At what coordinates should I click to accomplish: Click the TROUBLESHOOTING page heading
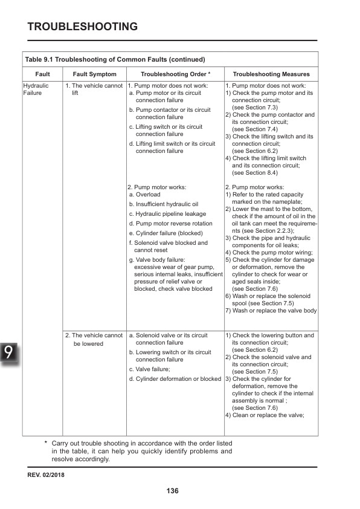[x=83, y=27]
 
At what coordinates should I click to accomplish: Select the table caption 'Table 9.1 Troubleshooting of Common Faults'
[x=115, y=59]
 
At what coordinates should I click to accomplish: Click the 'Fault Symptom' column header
[x=94, y=74]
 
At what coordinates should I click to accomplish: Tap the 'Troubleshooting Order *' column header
[x=175, y=74]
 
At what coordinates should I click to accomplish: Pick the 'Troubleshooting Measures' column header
[x=271, y=74]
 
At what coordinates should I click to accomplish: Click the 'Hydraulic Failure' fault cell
[x=36, y=90]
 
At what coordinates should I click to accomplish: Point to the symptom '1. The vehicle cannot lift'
[x=94, y=90]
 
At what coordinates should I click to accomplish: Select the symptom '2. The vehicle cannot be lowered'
[x=94, y=339]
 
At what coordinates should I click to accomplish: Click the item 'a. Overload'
[x=145, y=195]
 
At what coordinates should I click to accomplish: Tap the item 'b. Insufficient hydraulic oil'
[x=164, y=204]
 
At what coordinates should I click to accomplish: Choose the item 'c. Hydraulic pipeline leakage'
[x=167, y=214]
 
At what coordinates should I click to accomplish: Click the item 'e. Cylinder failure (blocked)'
[x=166, y=233]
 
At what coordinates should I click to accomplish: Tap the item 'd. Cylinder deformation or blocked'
[x=175, y=379]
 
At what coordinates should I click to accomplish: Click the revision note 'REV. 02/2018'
[x=46, y=475]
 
